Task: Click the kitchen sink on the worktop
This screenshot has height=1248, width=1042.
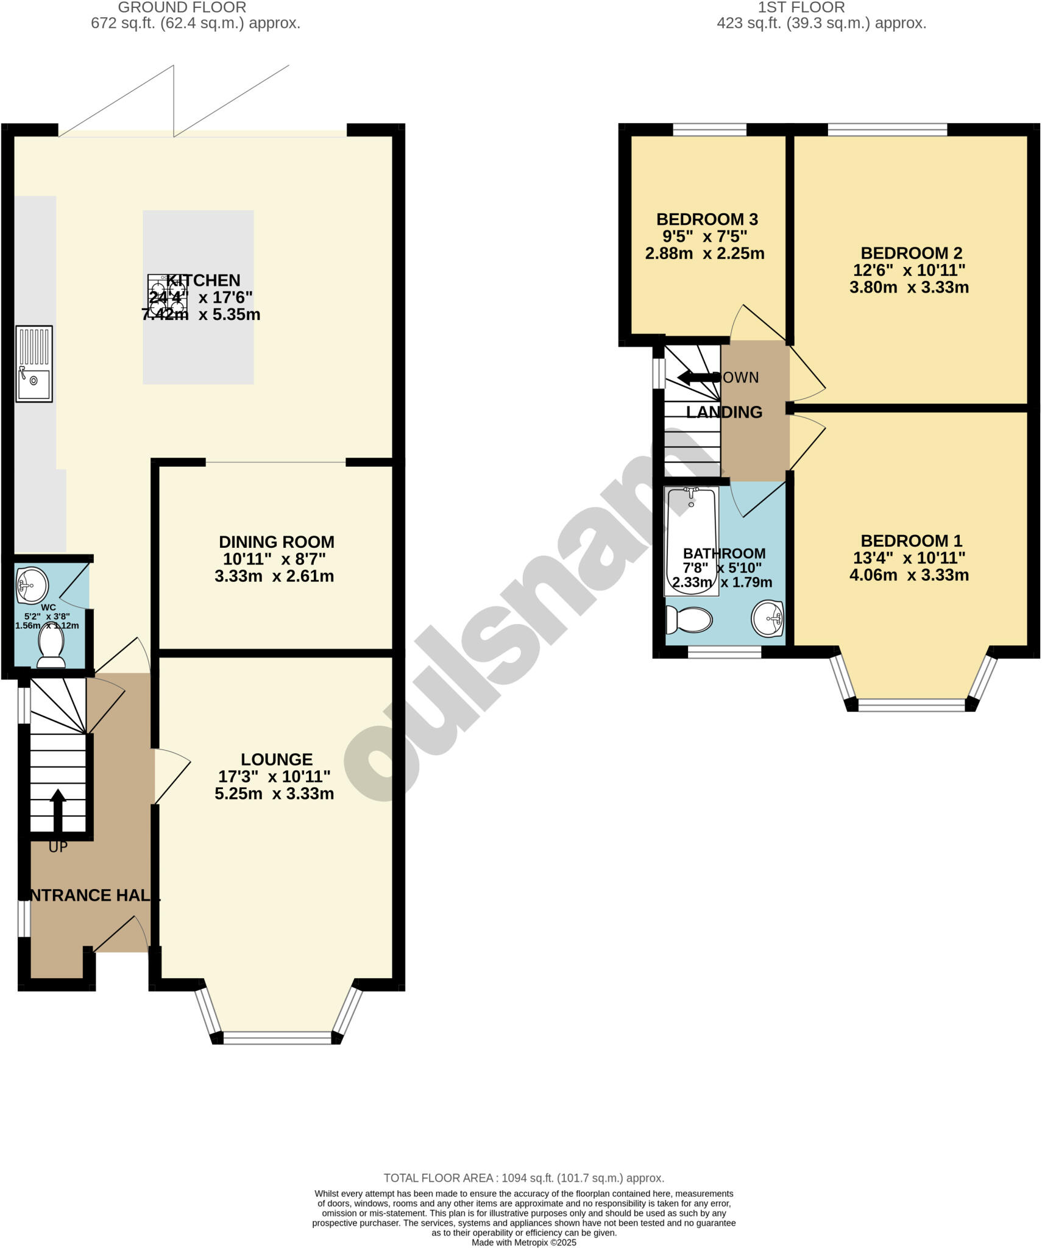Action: coord(34,364)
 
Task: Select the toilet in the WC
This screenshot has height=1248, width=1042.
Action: coord(51,647)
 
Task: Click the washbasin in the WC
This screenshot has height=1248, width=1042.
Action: coord(32,586)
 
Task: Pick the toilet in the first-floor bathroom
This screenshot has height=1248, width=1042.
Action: coord(690,620)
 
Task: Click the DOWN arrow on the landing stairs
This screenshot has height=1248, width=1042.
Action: coord(698,377)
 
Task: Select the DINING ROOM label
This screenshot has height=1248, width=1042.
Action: coord(277,542)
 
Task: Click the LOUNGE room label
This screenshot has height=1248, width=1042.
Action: coord(277,759)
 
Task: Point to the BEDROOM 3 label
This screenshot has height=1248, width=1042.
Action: coord(707,219)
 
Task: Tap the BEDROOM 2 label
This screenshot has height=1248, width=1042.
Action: coord(911,253)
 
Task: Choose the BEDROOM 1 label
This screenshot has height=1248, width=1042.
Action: coord(911,541)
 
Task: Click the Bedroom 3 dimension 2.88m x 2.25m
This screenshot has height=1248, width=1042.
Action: coord(704,253)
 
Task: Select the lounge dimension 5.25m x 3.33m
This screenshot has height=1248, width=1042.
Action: coord(274,793)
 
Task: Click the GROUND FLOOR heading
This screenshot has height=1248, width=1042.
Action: coord(182,8)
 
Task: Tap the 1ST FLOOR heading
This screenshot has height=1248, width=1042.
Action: coord(801,8)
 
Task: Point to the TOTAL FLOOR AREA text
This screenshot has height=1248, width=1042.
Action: coord(523,1178)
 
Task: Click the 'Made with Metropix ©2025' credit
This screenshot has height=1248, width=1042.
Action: coord(523,1243)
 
